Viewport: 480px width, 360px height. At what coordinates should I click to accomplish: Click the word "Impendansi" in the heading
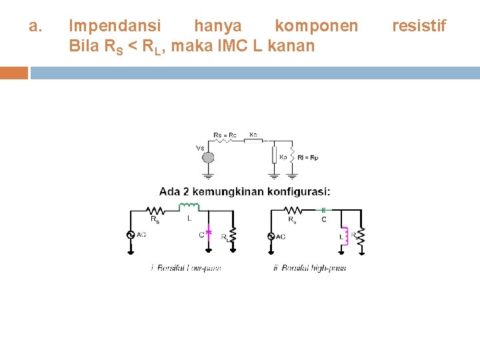pos(115,27)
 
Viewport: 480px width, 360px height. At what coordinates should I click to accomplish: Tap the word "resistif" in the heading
pos(419,27)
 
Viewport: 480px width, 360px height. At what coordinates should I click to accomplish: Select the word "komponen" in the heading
pos(316,27)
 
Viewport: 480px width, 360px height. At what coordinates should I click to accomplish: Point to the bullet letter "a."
pos(35,27)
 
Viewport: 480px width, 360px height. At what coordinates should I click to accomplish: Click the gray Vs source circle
pos(208,157)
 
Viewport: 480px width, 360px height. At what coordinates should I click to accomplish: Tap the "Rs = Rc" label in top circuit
pos(225,135)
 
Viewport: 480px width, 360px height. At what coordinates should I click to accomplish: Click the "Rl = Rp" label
pos(309,158)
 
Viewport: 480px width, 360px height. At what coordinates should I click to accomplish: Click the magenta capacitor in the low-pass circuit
pos(209,234)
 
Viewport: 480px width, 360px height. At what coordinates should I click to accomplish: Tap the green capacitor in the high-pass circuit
pos(323,210)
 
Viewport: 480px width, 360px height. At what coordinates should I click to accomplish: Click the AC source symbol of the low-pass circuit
pos(131,235)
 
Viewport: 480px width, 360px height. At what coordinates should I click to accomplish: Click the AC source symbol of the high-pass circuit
pos(271,236)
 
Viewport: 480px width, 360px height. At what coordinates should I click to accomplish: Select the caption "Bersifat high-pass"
pos(310,268)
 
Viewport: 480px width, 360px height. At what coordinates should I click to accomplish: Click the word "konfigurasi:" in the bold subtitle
pos(299,191)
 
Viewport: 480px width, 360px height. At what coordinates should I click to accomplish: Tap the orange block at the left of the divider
pos(14,73)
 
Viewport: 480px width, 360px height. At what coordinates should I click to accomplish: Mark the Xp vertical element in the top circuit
pos(273,156)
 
